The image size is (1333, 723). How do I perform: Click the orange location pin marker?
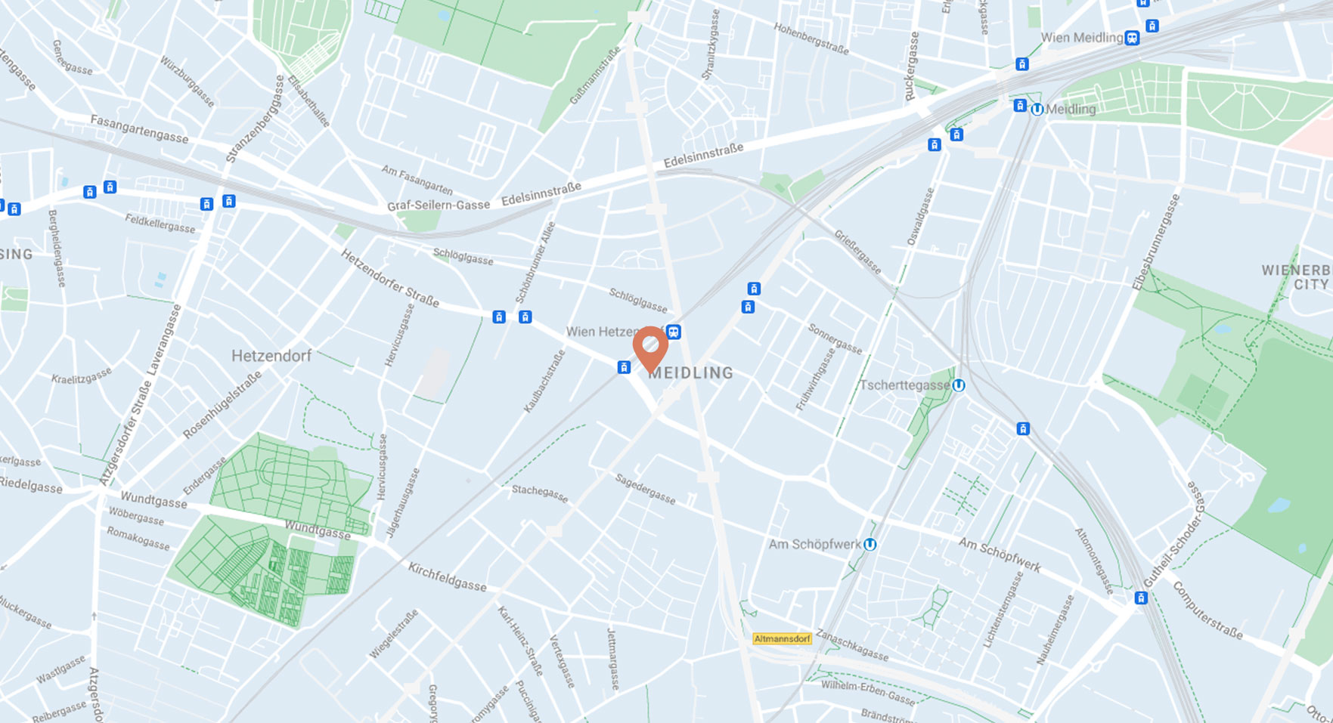pos(650,347)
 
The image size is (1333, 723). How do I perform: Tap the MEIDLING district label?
pos(691,373)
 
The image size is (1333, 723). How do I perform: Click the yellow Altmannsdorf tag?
pos(782,639)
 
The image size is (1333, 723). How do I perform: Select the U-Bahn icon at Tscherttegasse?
pos(959,386)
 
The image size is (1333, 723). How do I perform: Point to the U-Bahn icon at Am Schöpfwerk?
pos(870,545)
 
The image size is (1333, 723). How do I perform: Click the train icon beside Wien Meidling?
pos(1132,38)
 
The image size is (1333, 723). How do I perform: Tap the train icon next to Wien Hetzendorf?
pos(673,332)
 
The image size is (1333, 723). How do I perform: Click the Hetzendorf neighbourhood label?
pos(271,356)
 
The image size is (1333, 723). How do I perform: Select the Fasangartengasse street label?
pos(139,128)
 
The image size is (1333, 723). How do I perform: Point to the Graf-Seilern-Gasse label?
pos(439,205)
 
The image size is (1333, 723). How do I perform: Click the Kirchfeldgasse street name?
pos(448,576)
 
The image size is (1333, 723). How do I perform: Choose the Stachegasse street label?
pos(540,493)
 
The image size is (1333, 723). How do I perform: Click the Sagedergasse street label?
pos(645,489)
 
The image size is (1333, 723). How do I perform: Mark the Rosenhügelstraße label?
pos(222,404)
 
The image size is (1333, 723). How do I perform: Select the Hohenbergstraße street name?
pos(811,38)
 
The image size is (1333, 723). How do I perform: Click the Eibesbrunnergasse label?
pos(1156,242)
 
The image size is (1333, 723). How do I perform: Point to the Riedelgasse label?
pos(32,485)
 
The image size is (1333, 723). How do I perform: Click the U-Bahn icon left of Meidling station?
pos(1037,110)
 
